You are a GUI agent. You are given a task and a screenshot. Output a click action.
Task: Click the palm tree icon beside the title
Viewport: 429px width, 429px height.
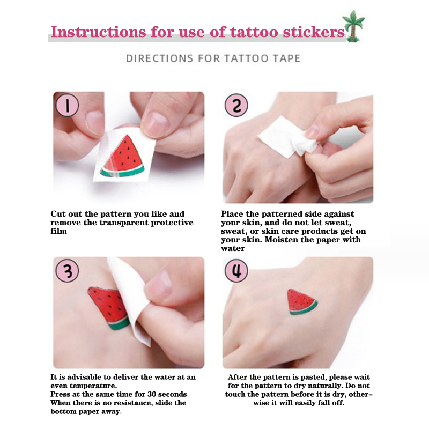click(x=354, y=26)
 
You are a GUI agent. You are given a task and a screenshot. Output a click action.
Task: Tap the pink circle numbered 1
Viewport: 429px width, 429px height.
click(x=68, y=105)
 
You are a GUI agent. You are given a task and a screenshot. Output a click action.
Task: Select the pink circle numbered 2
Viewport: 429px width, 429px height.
click(x=236, y=105)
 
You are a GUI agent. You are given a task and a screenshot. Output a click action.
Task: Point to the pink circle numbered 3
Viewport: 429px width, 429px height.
click(x=68, y=271)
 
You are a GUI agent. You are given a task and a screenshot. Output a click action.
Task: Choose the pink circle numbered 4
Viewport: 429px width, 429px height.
click(x=236, y=271)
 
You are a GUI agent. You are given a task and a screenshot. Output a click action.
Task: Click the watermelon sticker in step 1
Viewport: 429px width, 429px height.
click(x=123, y=157)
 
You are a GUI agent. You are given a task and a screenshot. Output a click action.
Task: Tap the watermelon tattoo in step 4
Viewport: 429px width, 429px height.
click(x=301, y=302)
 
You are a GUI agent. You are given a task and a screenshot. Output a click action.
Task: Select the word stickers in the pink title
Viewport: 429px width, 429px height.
click(x=314, y=32)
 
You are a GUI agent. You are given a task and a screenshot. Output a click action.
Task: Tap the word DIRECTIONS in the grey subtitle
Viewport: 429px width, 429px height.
click(x=159, y=58)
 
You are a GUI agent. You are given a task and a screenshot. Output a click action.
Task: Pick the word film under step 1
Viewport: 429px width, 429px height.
click(x=58, y=231)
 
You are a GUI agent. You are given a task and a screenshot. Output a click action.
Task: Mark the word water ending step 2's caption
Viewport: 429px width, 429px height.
click(x=233, y=248)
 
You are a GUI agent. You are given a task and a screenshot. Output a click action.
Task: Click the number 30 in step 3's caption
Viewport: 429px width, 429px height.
click(x=152, y=394)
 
